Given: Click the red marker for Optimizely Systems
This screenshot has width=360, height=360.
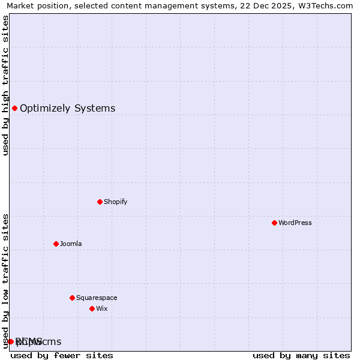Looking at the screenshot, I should [14, 109].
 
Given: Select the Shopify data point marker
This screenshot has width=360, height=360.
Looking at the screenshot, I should [100, 202].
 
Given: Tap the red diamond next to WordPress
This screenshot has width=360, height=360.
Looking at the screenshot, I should [274, 223].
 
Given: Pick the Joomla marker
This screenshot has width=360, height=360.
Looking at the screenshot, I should [56, 244].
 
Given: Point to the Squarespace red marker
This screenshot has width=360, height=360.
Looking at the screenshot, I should [72, 298].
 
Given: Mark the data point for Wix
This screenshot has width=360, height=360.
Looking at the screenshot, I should [92, 308].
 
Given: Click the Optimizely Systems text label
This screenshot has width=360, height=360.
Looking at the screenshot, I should [67, 109].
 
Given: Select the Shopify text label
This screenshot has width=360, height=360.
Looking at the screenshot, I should [115, 202].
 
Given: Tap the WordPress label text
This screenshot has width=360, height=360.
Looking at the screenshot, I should [295, 223].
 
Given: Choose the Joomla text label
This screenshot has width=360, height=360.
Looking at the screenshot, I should [70, 244].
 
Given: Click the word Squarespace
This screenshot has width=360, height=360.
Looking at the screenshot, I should [97, 298].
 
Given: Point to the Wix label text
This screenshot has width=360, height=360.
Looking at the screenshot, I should [101, 308].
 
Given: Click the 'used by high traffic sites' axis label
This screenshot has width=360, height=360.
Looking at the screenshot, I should [6, 85].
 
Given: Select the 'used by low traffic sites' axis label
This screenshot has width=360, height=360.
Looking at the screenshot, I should [6, 281].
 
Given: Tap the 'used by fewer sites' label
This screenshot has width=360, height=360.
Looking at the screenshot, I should [62, 355].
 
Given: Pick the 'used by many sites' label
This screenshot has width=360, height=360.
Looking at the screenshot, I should [301, 355].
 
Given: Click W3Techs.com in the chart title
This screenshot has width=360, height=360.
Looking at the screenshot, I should [324, 6].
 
